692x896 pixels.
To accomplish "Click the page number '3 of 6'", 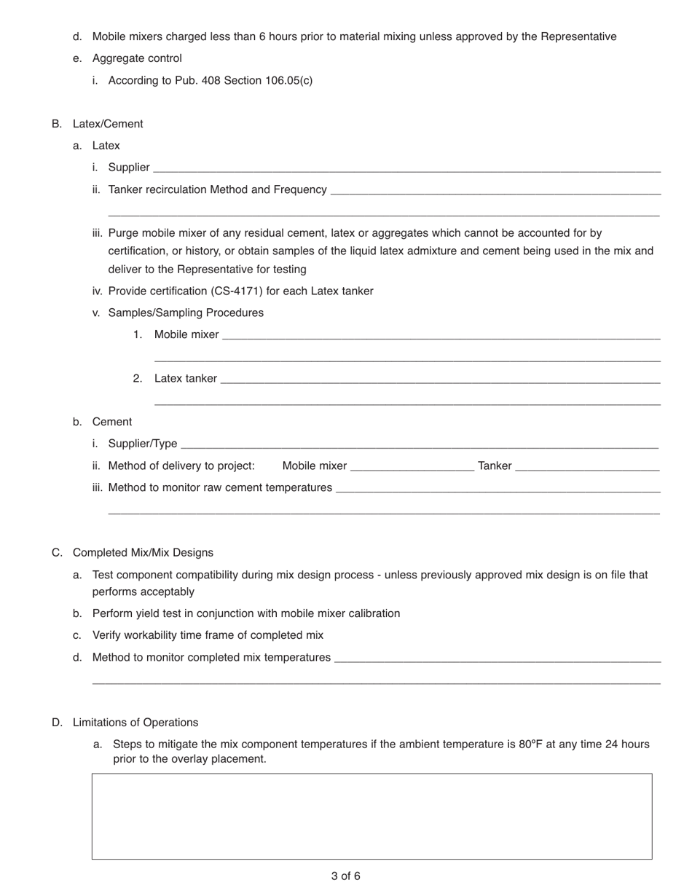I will pyautogui.click(x=345, y=876).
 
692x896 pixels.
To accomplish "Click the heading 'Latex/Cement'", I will pyautogui.click(x=108, y=124).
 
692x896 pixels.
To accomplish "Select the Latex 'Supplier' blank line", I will pyautogui.click(x=406, y=168).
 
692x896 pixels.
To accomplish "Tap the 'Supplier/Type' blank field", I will pyautogui.click(x=419, y=444).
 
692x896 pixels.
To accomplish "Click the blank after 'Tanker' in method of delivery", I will pyautogui.click(x=587, y=466).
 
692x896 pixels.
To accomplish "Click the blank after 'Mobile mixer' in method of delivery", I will pyautogui.click(x=412, y=466).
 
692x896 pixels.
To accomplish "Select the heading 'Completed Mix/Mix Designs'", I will pyautogui.click(x=143, y=553).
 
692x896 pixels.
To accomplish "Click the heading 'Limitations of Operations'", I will pyautogui.click(x=135, y=723).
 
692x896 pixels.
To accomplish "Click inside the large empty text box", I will pyautogui.click(x=371, y=816).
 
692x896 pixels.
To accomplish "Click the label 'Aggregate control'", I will pyautogui.click(x=137, y=58).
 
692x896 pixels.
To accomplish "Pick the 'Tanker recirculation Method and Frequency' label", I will pyautogui.click(x=217, y=189).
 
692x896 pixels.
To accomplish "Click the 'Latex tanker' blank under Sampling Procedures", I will pyautogui.click(x=440, y=379).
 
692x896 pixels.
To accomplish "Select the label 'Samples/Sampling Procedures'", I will pyautogui.click(x=186, y=313).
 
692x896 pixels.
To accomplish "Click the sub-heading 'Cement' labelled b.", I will pyautogui.click(x=112, y=422).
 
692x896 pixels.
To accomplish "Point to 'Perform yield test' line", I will pyautogui.click(x=245, y=613).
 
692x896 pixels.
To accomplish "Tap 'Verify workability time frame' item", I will pyautogui.click(x=208, y=635).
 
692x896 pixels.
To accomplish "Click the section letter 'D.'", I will pyautogui.click(x=57, y=723).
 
